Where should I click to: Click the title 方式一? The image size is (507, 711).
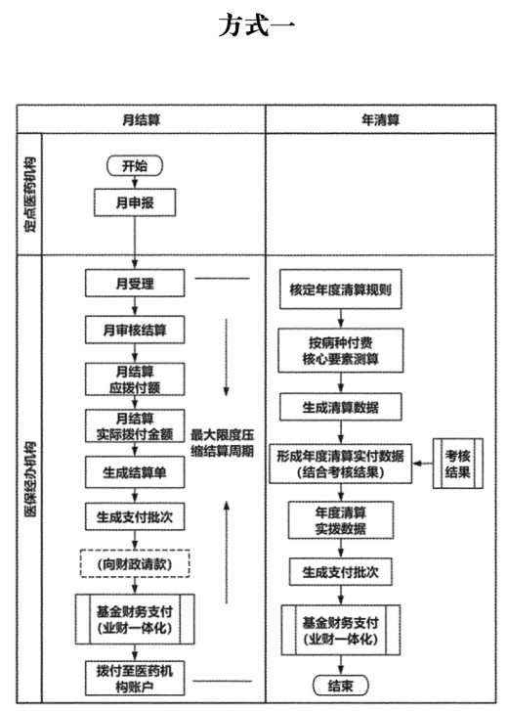click(257, 25)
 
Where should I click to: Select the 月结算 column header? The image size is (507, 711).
click(141, 119)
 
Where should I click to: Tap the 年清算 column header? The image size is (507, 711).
click(381, 119)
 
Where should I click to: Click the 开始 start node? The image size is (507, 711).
click(135, 165)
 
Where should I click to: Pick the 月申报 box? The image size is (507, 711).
click(135, 202)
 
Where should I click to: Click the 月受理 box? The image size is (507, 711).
click(135, 284)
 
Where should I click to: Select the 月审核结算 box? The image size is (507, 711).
click(135, 330)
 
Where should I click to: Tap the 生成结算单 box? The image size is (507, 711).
click(135, 472)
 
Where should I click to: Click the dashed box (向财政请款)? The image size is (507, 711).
click(135, 563)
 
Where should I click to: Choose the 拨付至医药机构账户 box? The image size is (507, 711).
click(135, 679)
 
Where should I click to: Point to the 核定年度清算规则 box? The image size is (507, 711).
click(340, 289)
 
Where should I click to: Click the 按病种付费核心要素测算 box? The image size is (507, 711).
click(340, 351)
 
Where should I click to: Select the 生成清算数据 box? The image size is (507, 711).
click(340, 407)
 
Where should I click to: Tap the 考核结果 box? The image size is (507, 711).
click(457, 464)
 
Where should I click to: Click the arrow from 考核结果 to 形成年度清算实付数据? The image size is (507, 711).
click(423, 464)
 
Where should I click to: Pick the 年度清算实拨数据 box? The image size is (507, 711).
click(340, 520)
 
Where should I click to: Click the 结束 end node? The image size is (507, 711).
click(340, 686)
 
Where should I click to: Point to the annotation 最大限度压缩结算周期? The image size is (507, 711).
click(222, 443)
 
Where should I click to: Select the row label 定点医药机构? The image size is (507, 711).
click(30, 195)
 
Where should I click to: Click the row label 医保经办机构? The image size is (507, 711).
click(30, 479)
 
